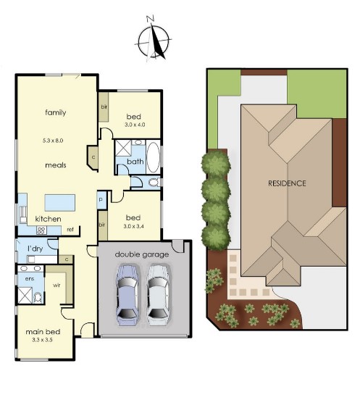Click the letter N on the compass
[150, 19]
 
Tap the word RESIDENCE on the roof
[287, 183]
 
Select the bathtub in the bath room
[154, 157]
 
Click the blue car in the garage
[127, 295]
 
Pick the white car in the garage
[158, 295]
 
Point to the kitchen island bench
[60, 202]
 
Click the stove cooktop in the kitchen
[41, 230]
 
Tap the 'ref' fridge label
[70, 230]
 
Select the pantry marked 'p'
[101, 200]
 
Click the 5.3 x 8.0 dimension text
[53, 141]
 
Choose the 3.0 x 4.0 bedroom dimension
[135, 125]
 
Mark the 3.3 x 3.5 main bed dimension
[43, 340]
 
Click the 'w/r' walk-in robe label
[56, 286]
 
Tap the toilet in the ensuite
[38, 297]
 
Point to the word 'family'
[55, 112]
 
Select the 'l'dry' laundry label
[35, 249]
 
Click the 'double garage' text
[142, 254]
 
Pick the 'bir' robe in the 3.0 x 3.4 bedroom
[102, 225]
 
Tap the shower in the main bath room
[123, 148]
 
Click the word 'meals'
[56, 165]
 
